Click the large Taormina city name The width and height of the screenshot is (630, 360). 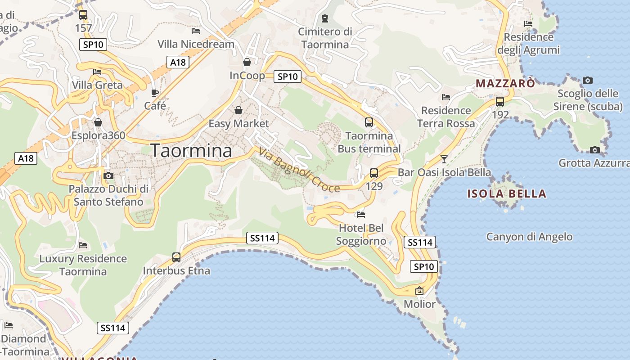191,150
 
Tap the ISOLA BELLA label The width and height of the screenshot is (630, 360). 507,194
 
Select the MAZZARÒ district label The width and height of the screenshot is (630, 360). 505,83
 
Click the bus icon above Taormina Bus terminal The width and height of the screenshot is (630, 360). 369,122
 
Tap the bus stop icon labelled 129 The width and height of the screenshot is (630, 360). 373,173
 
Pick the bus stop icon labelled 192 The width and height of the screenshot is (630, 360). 499,102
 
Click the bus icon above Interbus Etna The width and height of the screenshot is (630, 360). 176,257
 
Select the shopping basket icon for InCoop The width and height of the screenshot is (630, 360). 247,62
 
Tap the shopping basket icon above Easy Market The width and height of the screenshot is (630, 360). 238,110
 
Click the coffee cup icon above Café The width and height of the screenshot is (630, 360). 155,93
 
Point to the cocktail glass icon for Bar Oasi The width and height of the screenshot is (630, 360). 444,159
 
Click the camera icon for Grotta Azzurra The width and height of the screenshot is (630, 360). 594,150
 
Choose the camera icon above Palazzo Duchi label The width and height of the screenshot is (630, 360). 108,175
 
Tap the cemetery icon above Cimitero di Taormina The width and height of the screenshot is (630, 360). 325,18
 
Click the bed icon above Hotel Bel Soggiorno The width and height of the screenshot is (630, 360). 361,214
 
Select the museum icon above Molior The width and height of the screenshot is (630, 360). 419,291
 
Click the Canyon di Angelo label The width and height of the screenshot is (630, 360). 529,237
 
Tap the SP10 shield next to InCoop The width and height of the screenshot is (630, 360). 288,76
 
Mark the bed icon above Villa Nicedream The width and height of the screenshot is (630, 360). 196,31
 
